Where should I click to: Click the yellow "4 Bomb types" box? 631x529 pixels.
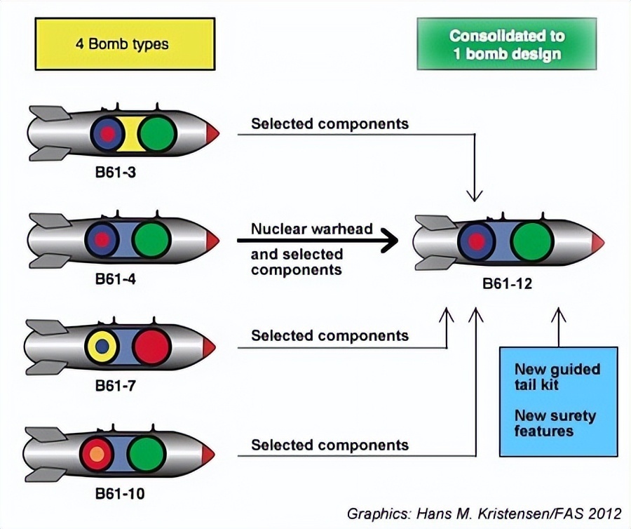point(125,44)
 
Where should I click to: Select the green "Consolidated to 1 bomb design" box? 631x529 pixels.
point(507,44)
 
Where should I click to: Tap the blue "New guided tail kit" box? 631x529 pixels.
point(559,402)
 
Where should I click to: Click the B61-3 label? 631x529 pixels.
point(116,173)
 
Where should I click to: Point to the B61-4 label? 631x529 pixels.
point(116,279)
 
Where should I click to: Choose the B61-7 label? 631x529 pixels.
point(116,386)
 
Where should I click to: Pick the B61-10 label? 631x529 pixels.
point(119,494)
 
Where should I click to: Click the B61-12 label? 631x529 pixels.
point(507,283)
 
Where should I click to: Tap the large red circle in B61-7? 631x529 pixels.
point(151,347)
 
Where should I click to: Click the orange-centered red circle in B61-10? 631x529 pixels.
point(97,454)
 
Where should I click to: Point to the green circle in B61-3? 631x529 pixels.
point(157,134)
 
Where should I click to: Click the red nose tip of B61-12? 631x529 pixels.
point(598,243)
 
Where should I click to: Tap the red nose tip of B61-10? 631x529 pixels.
point(208,454)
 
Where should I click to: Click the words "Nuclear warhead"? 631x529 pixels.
point(312,229)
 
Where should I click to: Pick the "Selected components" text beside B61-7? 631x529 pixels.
point(330,335)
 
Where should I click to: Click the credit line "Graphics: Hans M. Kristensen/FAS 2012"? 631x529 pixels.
point(484,514)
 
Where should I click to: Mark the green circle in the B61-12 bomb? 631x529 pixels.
point(532,242)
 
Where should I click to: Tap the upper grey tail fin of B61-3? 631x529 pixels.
point(50,113)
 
